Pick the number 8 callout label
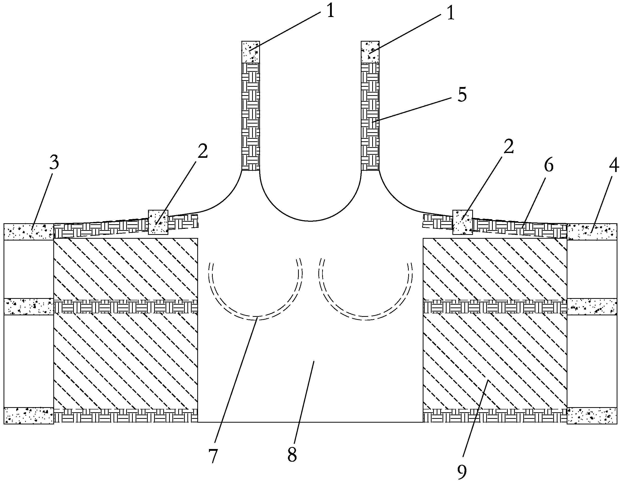click(292, 455)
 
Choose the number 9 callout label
click(462, 472)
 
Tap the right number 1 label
click(450, 13)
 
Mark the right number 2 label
click(509, 146)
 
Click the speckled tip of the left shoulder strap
click(251, 52)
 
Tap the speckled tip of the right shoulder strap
click(370, 52)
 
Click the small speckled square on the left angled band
click(158, 222)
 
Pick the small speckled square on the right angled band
click(463, 222)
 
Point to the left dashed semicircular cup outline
click(255, 318)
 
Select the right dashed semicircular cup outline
click(365, 318)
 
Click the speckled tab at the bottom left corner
click(29, 416)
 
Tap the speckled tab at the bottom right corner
click(592, 416)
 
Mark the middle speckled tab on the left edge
click(29, 306)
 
